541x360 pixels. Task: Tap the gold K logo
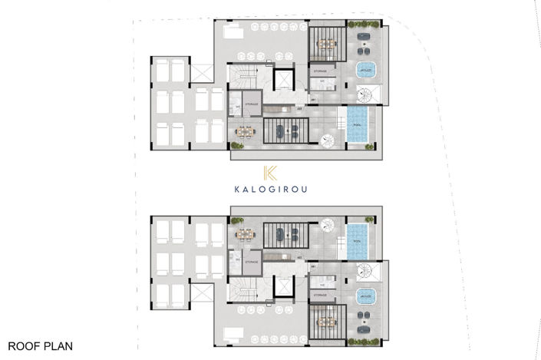tap(269, 173)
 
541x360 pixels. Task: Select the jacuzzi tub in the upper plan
tap(365, 71)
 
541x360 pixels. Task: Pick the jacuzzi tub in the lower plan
tap(365, 295)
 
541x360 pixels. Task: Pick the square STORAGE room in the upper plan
tap(250, 104)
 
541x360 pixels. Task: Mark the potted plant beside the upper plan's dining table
tap(235, 144)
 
